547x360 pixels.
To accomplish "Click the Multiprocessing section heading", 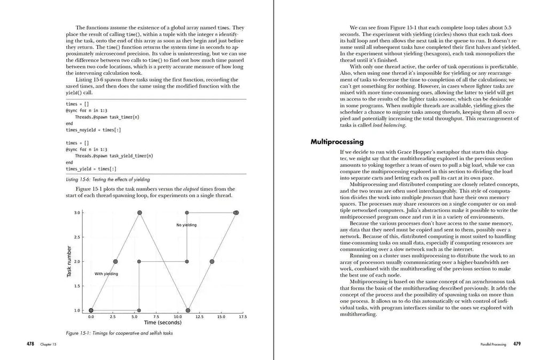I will [337, 142].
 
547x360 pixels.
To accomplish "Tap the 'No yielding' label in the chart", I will [186, 225].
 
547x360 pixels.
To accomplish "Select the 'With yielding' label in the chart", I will [106, 273].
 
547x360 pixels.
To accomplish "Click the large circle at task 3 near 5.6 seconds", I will [140, 213].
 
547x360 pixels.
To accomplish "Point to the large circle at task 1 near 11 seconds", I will [188, 310].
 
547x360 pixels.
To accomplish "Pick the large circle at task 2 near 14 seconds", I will [212, 261].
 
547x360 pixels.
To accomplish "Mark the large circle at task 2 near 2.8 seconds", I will [115, 261].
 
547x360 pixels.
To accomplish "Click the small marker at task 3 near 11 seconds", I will [187, 213].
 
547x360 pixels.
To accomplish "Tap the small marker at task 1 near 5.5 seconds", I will [139, 310].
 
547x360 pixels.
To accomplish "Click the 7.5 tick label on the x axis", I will [156, 317].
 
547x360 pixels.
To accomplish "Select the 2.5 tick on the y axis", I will [77, 237].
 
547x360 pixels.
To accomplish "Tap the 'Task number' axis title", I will [69, 261].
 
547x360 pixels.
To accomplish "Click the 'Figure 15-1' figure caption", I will [119, 333].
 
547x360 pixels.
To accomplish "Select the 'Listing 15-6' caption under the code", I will [108, 179].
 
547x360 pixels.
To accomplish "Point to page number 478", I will [31, 345].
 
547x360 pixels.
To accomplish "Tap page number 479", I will [517, 345].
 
